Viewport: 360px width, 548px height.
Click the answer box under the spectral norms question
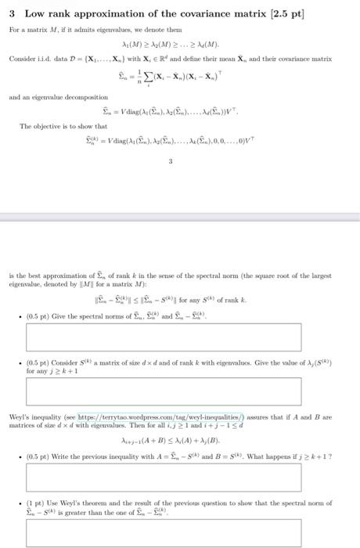(164, 336)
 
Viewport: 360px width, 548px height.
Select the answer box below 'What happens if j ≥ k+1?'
(164, 477)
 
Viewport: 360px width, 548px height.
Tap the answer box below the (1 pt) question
(164, 532)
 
